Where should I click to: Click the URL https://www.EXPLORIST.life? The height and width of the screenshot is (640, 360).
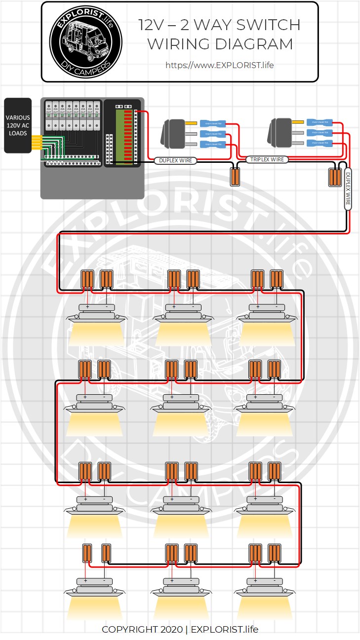(219, 65)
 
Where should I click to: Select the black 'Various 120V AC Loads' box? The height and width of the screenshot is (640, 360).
(18, 125)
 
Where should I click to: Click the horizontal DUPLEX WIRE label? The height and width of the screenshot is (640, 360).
(175, 160)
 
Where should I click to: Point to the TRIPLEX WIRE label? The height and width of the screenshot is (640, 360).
(267, 159)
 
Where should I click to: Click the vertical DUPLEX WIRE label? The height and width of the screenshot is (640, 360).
(348, 189)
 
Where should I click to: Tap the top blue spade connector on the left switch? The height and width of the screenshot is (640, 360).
(213, 123)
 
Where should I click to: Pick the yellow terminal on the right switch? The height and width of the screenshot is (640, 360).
(298, 122)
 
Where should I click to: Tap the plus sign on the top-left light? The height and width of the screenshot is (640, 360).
(87, 307)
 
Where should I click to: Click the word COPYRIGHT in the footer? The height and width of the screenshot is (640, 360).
(130, 629)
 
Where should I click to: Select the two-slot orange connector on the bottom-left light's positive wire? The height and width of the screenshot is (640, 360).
(87, 553)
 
